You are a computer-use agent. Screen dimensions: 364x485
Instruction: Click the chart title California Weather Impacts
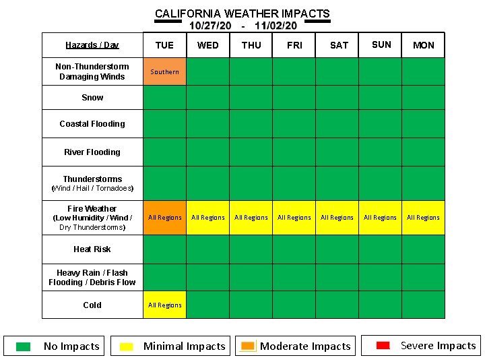[242, 13]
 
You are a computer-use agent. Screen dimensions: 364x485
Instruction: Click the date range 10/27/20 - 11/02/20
[243, 26]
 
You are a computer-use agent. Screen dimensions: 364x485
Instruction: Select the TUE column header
[164, 45]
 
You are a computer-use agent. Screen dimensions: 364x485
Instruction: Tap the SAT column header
[339, 45]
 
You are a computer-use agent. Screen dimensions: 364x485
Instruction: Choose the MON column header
[423, 45]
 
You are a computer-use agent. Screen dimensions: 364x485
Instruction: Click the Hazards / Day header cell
[92, 45]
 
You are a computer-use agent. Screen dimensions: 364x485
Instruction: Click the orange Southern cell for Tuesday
[164, 71]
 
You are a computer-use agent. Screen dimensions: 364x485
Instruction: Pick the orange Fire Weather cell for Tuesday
[164, 217]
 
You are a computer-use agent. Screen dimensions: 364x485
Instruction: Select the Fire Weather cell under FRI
[294, 217]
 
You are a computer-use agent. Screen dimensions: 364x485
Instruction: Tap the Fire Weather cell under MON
[423, 217]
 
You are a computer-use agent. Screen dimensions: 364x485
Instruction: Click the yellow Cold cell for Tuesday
[164, 305]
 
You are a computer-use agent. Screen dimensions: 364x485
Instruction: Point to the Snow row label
[92, 98]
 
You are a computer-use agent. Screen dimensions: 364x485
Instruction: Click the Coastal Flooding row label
[92, 124]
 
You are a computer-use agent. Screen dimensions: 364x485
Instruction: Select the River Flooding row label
[92, 152]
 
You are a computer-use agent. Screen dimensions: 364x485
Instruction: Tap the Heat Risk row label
[92, 249]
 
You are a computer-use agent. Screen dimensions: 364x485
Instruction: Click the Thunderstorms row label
[92, 179]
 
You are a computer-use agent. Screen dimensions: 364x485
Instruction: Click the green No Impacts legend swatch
[24, 346]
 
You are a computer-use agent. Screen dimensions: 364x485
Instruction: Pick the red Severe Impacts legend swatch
[383, 345]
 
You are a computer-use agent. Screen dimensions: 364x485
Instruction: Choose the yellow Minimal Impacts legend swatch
[126, 346]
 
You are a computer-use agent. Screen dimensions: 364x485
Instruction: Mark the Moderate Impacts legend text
[305, 346]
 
